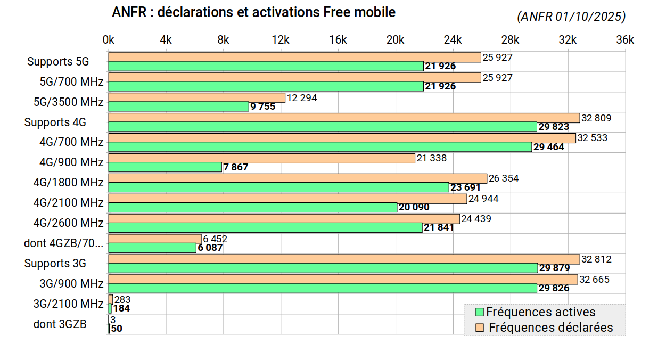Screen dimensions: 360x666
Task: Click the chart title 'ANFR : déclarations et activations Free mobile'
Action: [x=253, y=12]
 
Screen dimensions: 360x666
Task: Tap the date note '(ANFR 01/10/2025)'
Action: [x=571, y=17]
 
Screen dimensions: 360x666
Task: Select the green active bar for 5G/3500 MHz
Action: [x=178, y=107]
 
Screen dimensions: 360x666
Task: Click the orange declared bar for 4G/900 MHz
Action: [x=261, y=158]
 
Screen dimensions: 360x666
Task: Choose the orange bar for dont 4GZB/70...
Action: [x=154, y=239]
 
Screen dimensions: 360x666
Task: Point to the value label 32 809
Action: [x=596, y=118]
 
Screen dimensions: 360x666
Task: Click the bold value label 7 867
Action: [x=235, y=167]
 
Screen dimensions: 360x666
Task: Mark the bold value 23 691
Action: [x=465, y=187]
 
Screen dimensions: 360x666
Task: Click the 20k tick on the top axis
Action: [x=395, y=40]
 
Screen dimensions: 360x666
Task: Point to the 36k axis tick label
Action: [x=625, y=40]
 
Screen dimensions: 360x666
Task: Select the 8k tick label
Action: [x=223, y=40]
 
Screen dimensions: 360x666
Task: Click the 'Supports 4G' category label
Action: [x=55, y=122]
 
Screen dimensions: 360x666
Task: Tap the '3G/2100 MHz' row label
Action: [x=68, y=304]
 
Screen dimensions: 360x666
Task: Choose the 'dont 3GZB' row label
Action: [x=60, y=324]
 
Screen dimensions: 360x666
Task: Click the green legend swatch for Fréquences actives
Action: [x=479, y=312]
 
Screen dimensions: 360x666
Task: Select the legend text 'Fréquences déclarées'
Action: [x=550, y=328]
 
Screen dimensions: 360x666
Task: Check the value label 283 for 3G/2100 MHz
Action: [x=122, y=300]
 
